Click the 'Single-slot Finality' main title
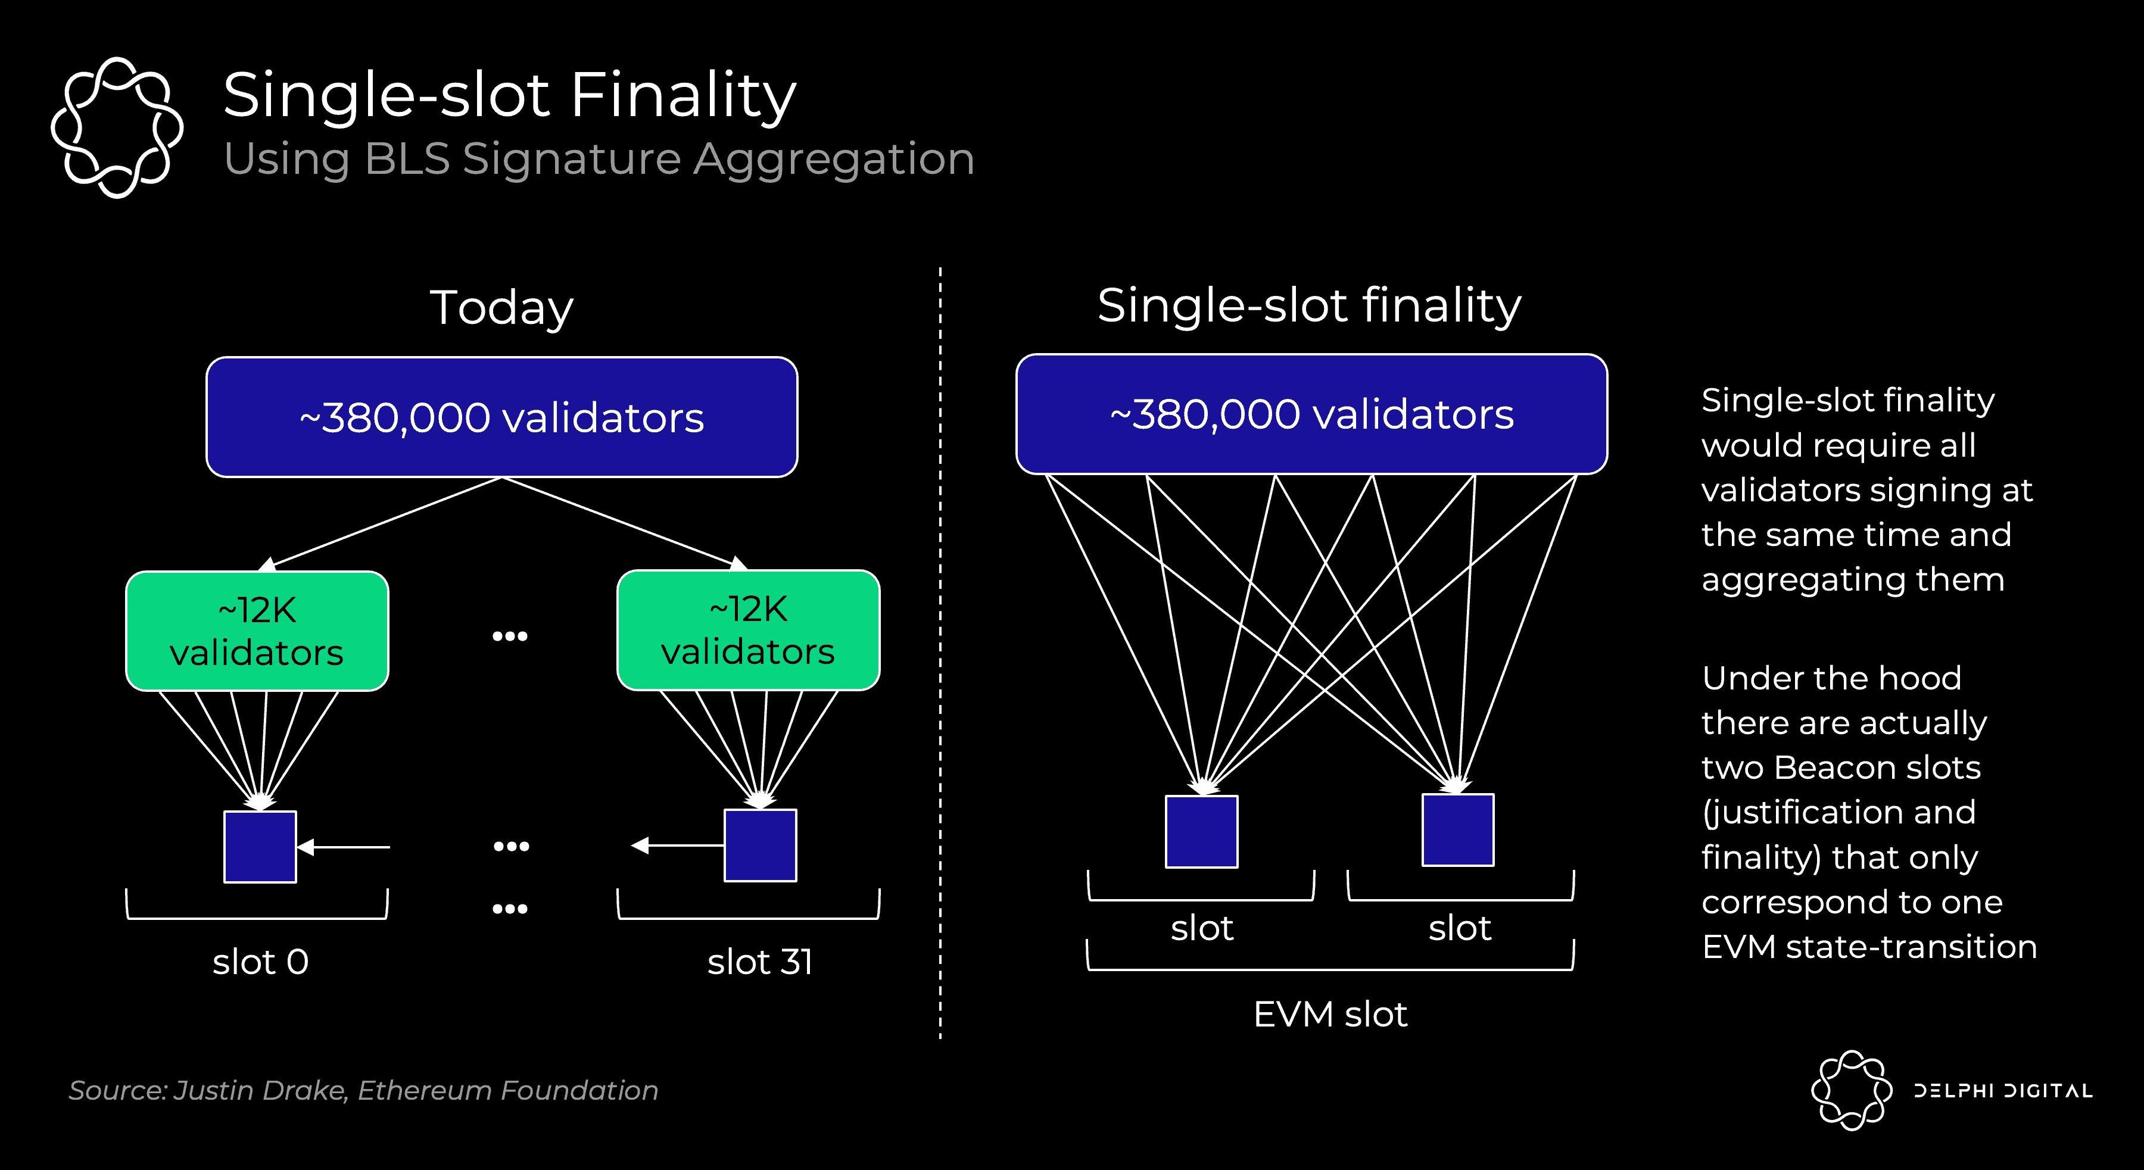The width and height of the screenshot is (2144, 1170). pyautogui.click(x=509, y=96)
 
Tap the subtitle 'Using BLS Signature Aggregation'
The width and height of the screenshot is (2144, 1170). pyautogui.click(x=599, y=158)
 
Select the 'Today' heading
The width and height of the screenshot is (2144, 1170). pyautogui.click(x=502, y=307)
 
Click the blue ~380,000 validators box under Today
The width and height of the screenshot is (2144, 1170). pyautogui.click(x=502, y=417)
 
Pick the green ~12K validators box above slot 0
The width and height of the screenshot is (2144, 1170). pyautogui.click(x=257, y=631)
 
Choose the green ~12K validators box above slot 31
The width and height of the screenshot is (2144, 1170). pyautogui.click(x=748, y=630)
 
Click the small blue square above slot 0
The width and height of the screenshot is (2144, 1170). pyautogui.click(x=260, y=846)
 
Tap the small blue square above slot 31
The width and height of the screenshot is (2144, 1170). pyautogui.click(x=760, y=845)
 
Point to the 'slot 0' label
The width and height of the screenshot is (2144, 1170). pyautogui.click(x=260, y=962)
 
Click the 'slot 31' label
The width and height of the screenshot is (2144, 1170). pyautogui.click(x=760, y=962)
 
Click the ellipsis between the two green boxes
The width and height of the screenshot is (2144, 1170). pyautogui.click(x=509, y=637)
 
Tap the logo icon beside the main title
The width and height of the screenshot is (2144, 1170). pyautogui.click(x=117, y=127)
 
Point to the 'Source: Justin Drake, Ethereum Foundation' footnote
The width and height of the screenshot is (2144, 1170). pyautogui.click(x=363, y=1090)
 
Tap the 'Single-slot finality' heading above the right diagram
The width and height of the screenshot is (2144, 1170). pyautogui.click(x=1308, y=305)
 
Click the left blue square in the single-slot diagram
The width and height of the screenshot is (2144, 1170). pyautogui.click(x=1201, y=831)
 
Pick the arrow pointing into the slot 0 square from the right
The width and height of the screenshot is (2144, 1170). pyautogui.click(x=343, y=847)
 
